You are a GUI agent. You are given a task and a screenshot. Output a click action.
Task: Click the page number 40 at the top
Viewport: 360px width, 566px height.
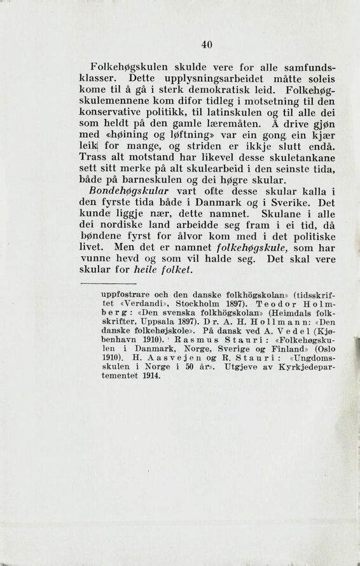(205, 44)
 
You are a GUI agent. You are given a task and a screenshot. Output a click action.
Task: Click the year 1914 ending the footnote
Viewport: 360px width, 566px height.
(146, 395)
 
